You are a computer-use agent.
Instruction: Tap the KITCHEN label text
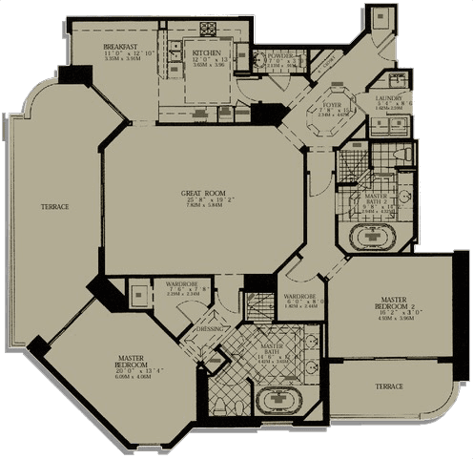point(207,52)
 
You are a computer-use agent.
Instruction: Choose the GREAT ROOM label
point(203,194)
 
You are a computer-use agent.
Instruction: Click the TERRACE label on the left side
point(53,207)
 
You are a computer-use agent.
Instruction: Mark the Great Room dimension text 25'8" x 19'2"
point(203,203)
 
